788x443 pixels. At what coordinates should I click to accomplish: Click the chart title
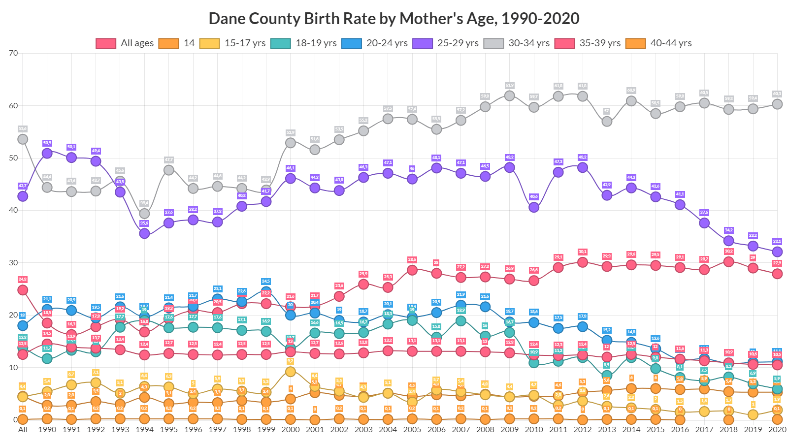(394, 18)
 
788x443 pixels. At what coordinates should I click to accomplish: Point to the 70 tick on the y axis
(13, 53)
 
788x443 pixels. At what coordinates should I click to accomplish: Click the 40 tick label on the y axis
(13, 210)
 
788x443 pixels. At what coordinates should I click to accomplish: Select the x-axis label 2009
(509, 429)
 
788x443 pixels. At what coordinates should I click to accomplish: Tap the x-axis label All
(23, 429)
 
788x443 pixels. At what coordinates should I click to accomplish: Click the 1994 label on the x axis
(144, 429)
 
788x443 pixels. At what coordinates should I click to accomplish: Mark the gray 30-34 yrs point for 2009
(510, 95)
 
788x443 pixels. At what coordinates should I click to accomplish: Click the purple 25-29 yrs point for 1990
(47, 153)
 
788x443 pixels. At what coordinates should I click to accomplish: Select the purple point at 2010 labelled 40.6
(534, 207)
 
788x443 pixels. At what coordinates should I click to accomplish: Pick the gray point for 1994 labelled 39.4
(144, 214)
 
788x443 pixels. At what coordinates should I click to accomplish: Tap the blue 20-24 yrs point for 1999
(266, 291)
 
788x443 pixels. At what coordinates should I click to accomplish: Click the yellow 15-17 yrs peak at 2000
(291, 372)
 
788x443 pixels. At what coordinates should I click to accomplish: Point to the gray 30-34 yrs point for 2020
(777, 104)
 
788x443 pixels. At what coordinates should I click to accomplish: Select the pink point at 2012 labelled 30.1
(583, 262)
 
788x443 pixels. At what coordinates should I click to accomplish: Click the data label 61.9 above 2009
(509, 86)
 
